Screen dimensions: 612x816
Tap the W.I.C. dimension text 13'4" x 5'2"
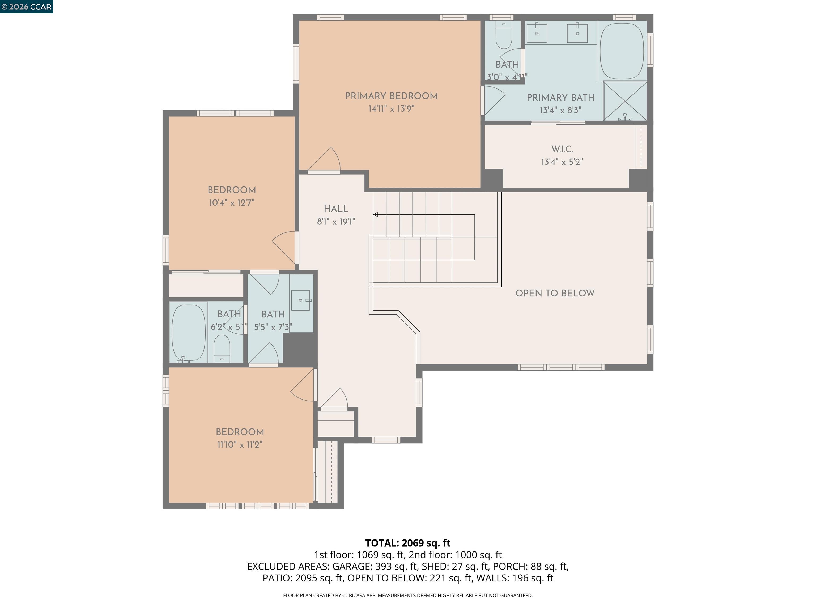pos(562,161)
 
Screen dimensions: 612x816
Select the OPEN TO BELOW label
pos(555,293)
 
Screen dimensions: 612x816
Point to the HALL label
pos(336,209)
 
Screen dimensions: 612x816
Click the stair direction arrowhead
pos(376,215)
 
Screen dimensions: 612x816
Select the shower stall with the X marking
pos(625,101)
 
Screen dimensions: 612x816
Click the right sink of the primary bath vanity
pos(577,32)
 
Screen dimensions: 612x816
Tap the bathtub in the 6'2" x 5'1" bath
pos(188,332)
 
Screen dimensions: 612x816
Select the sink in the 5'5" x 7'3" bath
pos(301,300)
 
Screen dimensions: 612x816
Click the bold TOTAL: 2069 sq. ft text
pos(408,543)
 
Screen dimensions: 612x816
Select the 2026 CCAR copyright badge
pos(26,7)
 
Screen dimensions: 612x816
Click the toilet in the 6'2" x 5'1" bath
pos(222,348)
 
